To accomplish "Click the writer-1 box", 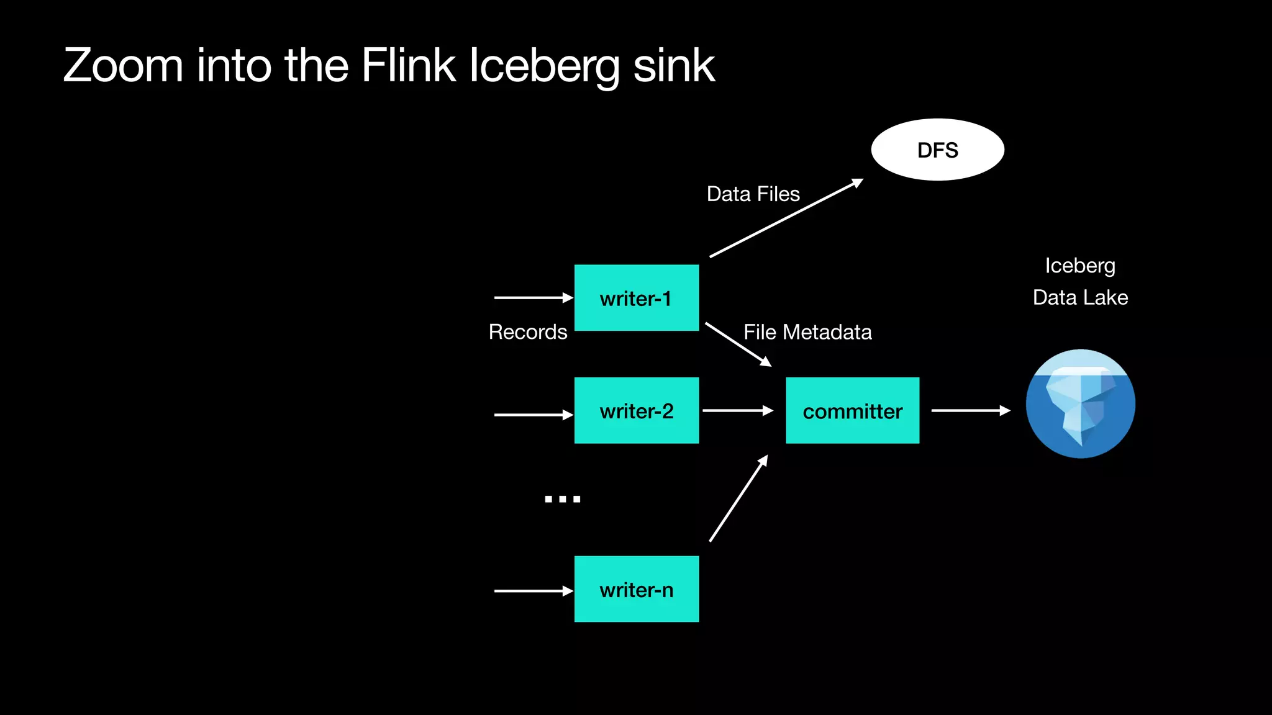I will (x=636, y=298).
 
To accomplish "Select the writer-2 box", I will (x=636, y=410).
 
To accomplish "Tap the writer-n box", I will (x=636, y=589).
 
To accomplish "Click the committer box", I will (x=852, y=410).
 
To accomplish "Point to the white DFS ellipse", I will (x=937, y=150).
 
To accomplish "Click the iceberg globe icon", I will (x=1080, y=403).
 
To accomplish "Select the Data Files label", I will (x=753, y=194).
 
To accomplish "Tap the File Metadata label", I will (x=807, y=332).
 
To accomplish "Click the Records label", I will (x=528, y=332).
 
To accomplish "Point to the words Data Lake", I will (x=1080, y=297).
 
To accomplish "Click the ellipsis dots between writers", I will (x=562, y=498).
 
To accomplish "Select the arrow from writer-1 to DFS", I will (x=786, y=218).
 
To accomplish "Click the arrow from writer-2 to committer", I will (x=737, y=410).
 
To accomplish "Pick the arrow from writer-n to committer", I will (x=738, y=498).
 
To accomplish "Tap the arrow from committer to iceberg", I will (x=970, y=410).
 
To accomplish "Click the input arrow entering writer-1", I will (x=533, y=298).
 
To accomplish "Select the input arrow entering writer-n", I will (x=533, y=591).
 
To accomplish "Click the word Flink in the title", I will (x=408, y=65).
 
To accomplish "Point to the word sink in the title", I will (x=673, y=65).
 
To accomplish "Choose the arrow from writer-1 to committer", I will (x=738, y=344).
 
